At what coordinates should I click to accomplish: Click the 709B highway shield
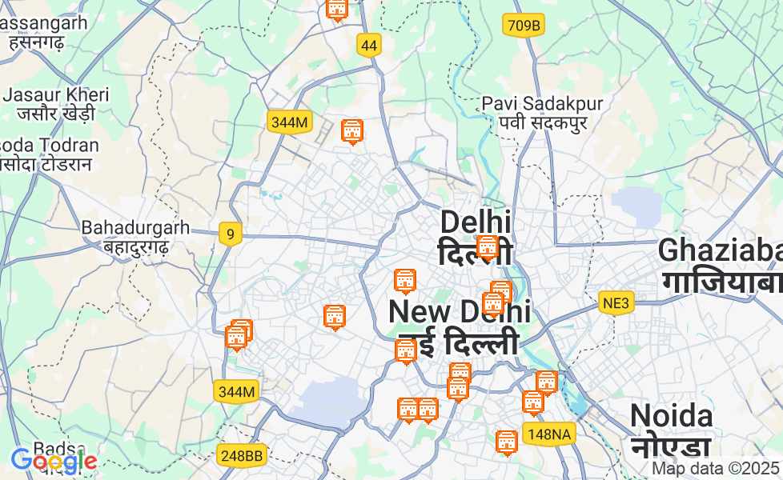[524, 26]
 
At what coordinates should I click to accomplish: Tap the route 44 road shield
[368, 46]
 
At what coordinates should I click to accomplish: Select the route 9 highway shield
[230, 234]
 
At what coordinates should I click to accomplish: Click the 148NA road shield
[549, 434]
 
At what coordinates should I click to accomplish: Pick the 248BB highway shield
[241, 455]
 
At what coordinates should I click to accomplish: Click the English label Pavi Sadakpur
[542, 104]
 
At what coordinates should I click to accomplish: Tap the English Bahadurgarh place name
[135, 227]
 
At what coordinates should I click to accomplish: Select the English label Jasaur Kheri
[56, 94]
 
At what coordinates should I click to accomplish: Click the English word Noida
[671, 416]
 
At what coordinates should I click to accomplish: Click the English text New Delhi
[459, 310]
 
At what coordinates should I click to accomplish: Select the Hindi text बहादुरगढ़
[135, 246]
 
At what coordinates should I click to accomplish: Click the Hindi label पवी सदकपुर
[542, 123]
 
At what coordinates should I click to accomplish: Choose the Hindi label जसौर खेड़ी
[56, 114]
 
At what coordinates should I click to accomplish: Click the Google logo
[53, 461]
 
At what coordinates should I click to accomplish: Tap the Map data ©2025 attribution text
[715, 468]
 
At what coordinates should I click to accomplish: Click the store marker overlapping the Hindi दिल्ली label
[487, 247]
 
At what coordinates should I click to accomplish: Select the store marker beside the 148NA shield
[506, 442]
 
